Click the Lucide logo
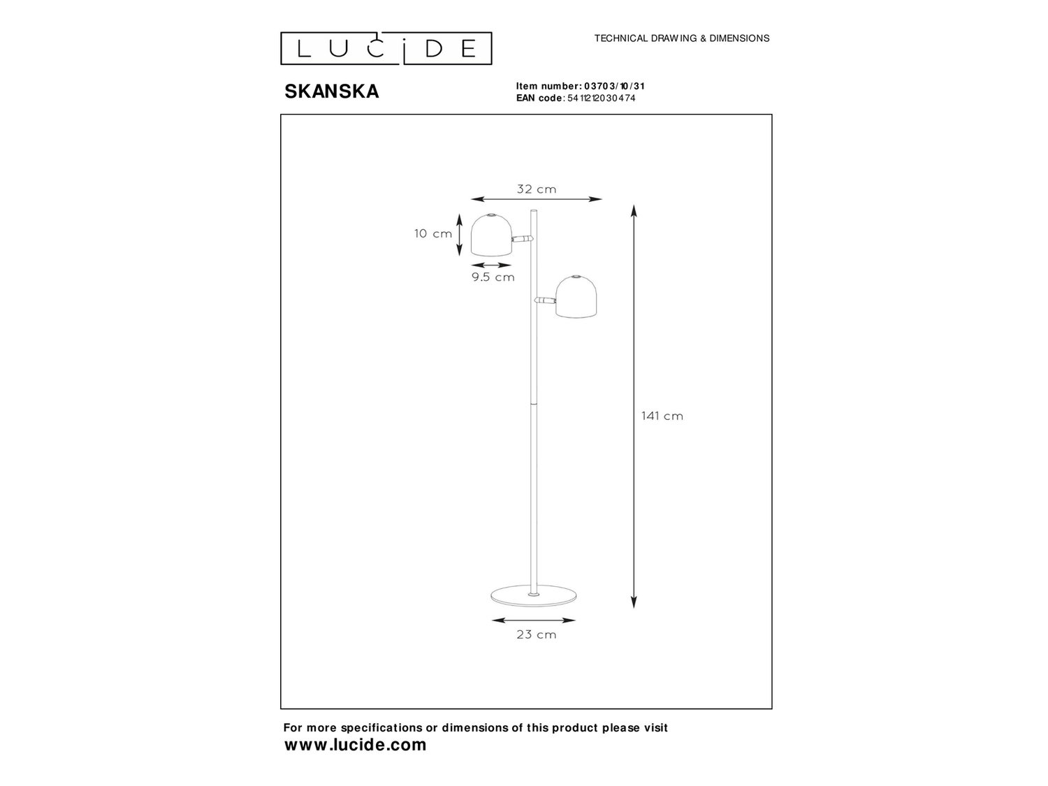point(386,48)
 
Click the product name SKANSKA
point(332,92)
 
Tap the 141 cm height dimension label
point(662,416)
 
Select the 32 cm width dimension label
point(537,189)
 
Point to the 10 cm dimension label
point(433,234)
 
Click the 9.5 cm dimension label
point(493,277)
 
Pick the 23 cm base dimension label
point(537,634)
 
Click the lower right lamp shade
point(576,296)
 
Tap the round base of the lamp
point(534,595)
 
